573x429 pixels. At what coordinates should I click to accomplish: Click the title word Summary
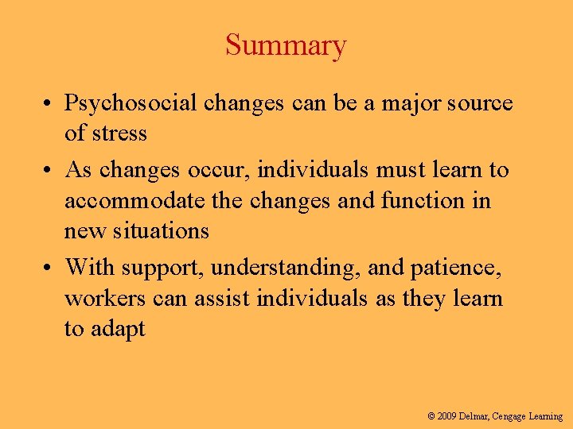click(x=286, y=45)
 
